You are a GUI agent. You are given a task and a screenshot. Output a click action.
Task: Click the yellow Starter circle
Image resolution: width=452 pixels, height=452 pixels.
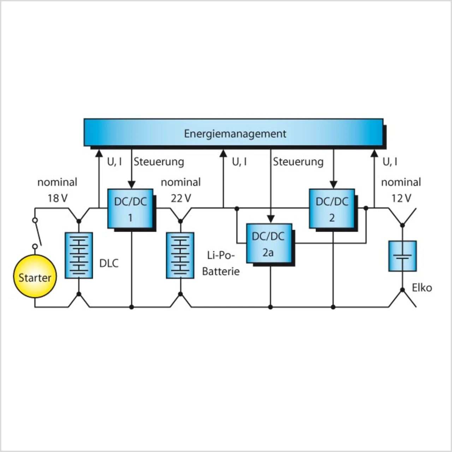35,277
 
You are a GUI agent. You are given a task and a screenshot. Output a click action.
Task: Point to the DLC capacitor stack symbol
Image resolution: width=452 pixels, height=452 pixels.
79,255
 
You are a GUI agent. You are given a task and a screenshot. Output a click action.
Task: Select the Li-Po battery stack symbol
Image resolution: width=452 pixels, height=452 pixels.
180,255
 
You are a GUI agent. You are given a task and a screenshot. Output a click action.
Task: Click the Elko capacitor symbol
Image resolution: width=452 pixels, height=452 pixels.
403,256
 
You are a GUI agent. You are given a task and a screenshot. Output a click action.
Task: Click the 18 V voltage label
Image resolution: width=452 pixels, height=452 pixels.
58,198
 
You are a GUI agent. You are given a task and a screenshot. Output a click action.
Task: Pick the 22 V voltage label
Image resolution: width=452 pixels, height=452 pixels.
180,198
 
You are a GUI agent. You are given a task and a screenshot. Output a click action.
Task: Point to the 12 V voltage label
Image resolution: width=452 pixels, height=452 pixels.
401,198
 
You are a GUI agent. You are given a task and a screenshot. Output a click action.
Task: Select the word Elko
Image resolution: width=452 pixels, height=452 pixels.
422,288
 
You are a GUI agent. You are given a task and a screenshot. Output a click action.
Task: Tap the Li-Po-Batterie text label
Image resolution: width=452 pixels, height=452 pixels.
221,263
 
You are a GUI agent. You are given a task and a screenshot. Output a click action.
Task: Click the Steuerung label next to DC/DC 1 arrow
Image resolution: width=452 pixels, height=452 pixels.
159,162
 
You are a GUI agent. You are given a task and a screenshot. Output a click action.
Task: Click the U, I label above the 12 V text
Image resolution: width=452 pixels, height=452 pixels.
390,162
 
